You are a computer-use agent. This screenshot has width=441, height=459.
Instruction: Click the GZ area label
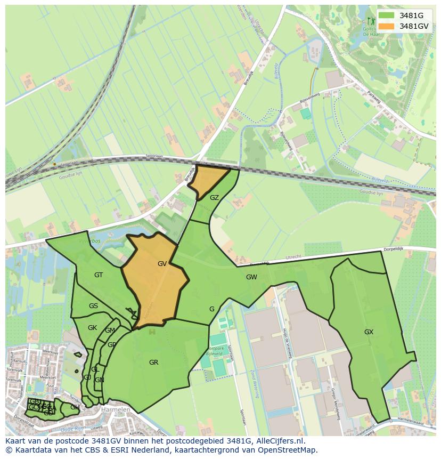[214, 198]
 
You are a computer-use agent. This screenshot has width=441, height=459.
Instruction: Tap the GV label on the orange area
[162, 263]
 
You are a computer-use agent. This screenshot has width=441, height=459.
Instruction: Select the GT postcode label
[99, 275]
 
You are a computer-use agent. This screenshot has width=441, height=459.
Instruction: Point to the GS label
[93, 306]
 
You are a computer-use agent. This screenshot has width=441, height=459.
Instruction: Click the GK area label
[92, 328]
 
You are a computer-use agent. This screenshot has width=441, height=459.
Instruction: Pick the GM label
[110, 331]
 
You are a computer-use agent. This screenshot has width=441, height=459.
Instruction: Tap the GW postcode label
[251, 277]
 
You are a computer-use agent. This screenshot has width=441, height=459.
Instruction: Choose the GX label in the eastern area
[369, 332]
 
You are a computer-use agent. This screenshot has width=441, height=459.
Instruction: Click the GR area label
[153, 363]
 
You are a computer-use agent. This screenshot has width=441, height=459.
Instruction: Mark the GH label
[75, 407]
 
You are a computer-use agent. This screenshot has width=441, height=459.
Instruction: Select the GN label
[99, 380]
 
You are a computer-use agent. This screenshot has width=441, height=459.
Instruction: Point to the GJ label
[87, 377]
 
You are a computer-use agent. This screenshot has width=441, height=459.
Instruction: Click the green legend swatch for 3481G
[387, 15]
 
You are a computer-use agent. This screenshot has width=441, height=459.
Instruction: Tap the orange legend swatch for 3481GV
[387, 26]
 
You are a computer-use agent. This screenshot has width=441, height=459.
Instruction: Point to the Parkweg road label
[375, 97]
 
